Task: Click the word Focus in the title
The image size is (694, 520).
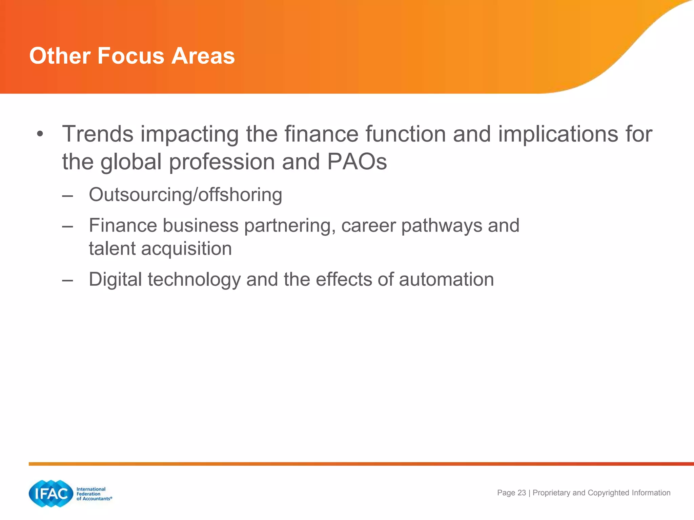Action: tap(131, 56)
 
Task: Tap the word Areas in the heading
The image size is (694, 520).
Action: tap(203, 56)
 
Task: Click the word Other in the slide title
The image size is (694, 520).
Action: tap(60, 56)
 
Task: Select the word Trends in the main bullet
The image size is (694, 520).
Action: tap(98, 134)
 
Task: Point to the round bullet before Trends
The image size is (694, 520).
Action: tap(40, 134)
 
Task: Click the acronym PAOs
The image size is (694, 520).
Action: tap(357, 162)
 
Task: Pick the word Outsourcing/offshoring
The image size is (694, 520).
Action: tap(185, 195)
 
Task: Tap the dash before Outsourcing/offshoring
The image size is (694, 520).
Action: tap(68, 196)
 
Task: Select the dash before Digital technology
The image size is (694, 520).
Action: tap(68, 280)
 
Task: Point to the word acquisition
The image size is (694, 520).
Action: tap(186, 249)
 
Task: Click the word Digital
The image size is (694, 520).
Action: tap(115, 280)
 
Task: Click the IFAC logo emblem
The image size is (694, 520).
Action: tap(51, 494)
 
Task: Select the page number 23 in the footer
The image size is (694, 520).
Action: tap(522, 493)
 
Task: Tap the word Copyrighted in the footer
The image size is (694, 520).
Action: tap(609, 493)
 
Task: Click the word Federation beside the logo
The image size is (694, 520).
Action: tap(88, 494)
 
